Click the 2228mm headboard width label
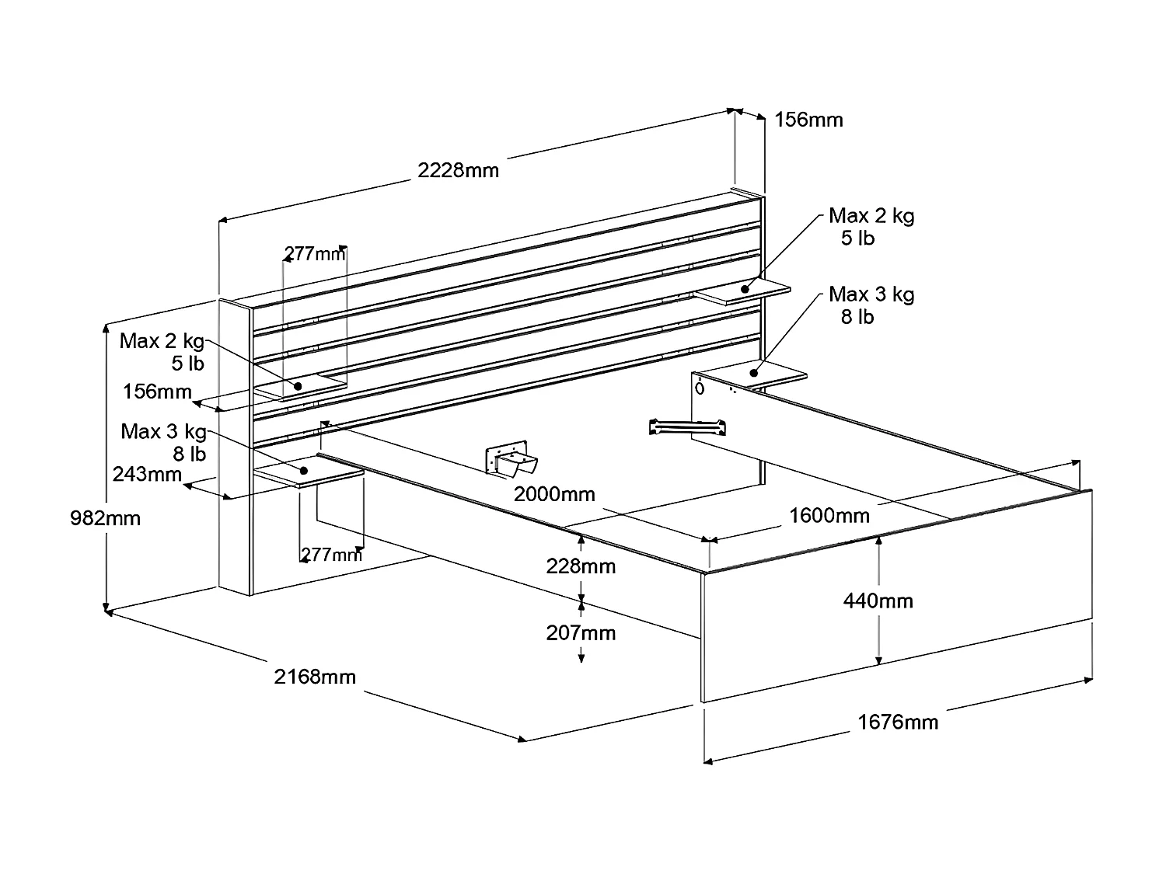(x=458, y=170)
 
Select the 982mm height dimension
(x=105, y=517)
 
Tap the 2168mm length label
(x=315, y=677)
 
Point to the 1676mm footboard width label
(x=898, y=723)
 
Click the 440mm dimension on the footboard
(x=878, y=601)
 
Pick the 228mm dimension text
(x=581, y=566)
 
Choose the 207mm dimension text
(x=581, y=633)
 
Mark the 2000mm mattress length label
(x=554, y=494)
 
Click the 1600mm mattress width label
(x=829, y=515)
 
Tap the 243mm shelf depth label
(x=147, y=474)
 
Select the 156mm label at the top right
(x=808, y=120)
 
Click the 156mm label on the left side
(x=157, y=391)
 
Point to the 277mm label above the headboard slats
(x=314, y=253)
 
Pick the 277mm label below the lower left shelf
(x=331, y=555)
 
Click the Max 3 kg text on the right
(x=871, y=294)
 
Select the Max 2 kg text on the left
(x=162, y=341)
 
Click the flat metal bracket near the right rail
(x=687, y=426)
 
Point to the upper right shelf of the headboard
(x=742, y=292)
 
